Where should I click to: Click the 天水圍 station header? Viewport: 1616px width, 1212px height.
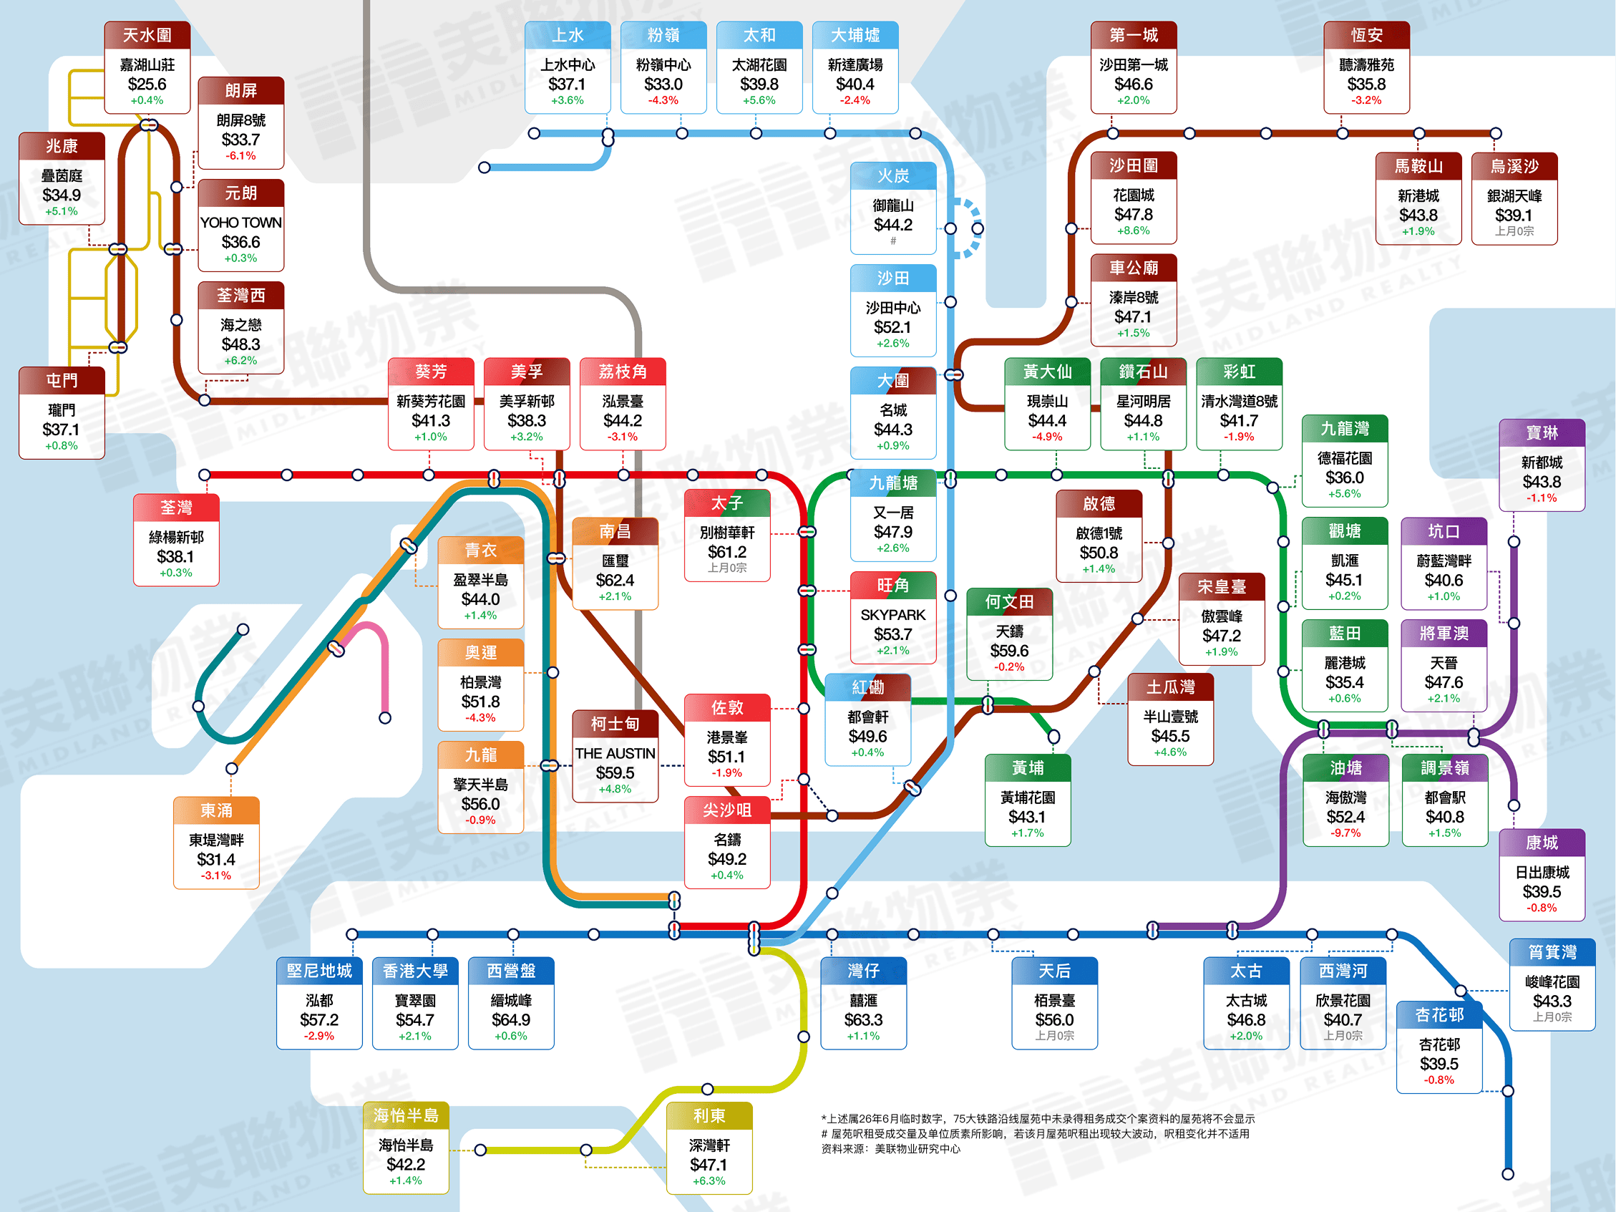147,35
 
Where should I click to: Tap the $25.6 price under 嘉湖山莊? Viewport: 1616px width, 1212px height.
147,84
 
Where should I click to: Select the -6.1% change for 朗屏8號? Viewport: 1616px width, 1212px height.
240,155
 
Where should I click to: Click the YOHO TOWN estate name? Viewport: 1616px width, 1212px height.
240,222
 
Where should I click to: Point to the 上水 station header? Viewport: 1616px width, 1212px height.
567,35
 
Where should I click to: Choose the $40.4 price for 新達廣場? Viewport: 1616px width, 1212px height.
855,84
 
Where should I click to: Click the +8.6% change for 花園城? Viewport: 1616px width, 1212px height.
1133,230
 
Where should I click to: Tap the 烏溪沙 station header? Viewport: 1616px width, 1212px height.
1514,167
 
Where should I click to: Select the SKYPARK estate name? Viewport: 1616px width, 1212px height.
892,615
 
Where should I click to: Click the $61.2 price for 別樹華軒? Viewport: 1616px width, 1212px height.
727,551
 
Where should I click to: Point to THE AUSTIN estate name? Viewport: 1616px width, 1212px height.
615,753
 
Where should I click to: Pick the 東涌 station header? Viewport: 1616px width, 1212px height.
216,810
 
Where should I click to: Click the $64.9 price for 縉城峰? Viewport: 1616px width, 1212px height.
511,1019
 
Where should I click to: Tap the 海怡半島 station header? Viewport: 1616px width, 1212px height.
406,1115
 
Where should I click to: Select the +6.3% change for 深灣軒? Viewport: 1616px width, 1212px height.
709,1181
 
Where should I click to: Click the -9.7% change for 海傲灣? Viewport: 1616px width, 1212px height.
1345,833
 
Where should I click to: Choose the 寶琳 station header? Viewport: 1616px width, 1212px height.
1542,432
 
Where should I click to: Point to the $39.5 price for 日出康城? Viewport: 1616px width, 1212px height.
1542,891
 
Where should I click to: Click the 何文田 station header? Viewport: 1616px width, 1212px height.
1009,601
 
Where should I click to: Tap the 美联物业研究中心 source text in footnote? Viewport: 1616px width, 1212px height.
917,1149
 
